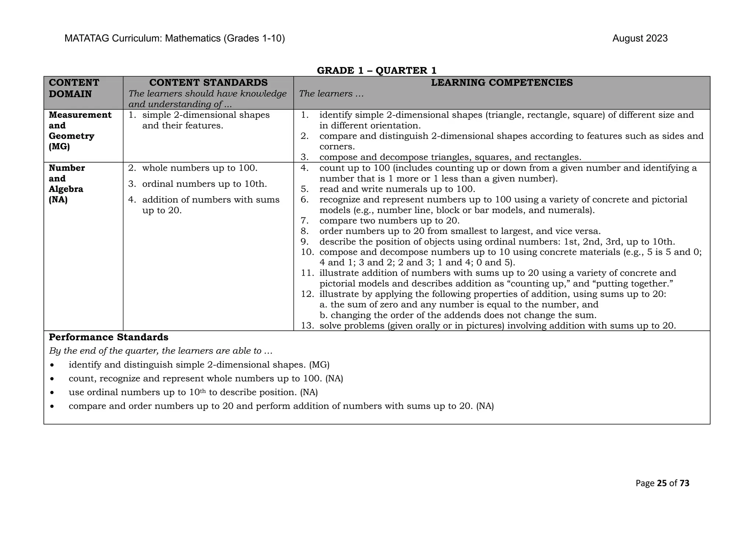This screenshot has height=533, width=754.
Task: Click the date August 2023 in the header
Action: tap(640, 39)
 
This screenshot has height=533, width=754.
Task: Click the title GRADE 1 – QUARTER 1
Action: tap(377, 70)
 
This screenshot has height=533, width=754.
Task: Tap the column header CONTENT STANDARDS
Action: tap(208, 82)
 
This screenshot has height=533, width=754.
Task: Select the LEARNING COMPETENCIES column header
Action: tap(501, 82)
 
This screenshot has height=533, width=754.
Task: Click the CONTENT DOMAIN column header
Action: tap(74, 88)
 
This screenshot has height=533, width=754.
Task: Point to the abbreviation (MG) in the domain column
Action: tap(59, 147)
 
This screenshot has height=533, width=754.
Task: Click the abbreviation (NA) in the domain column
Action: tap(58, 200)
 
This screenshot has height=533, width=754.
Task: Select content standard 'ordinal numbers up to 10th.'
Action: tap(204, 184)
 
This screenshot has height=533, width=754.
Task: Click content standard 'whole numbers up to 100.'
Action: tap(200, 168)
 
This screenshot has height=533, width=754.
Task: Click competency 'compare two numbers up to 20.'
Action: tap(389, 221)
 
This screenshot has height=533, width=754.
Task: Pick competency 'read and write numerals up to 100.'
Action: tap(397, 189)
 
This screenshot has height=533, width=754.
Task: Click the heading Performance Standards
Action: tap(109, 337)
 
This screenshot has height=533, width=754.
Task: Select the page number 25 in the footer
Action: tap(662, 483)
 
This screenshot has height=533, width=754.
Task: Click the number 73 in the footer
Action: tap(684, 483)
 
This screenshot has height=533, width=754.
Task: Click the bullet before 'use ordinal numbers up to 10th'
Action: tap(53, 393)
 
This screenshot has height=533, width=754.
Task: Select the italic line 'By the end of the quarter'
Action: tap(161, 351)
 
